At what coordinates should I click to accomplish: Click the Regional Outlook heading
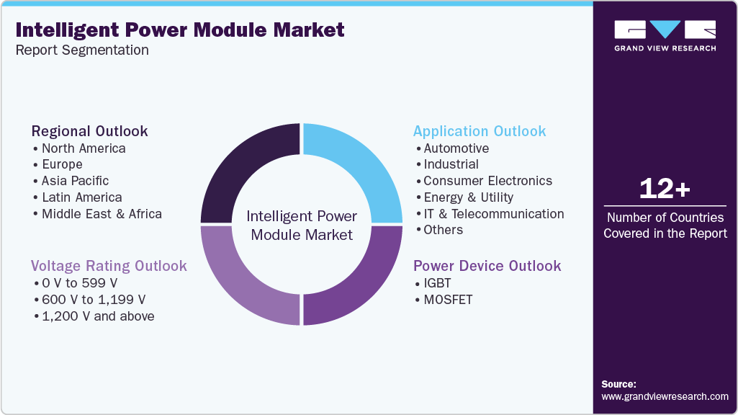point(89,131)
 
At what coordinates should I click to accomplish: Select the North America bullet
point(83,148)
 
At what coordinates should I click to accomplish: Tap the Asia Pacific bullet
point(75,181)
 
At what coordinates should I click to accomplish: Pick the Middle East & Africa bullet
point(102,213)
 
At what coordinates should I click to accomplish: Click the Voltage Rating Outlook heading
point(109,266)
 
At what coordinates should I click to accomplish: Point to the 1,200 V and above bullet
point(97,316)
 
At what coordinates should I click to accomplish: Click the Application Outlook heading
point(479,131)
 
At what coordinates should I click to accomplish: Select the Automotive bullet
point(456,148)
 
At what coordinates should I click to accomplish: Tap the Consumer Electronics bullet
point(487,181)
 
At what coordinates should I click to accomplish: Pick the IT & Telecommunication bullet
point(493,213)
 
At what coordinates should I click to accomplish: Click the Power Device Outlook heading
point(487,266)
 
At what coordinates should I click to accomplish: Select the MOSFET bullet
point(448,300)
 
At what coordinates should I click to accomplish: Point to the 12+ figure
point(665,189)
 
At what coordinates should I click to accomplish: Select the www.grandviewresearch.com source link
point(665,396)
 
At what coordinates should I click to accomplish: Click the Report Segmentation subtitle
point(82,50)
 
